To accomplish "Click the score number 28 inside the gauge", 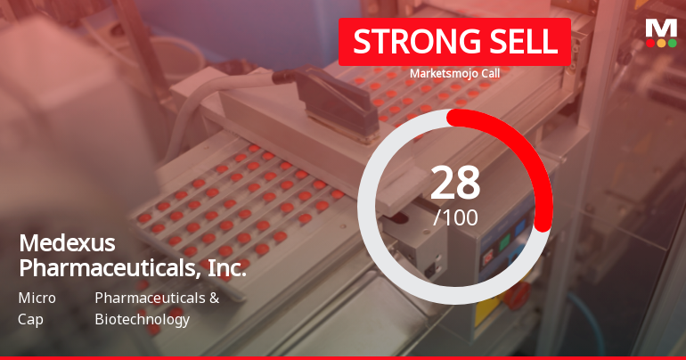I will click(x=455, y=183).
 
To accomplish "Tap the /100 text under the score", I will click(x=455, y=217).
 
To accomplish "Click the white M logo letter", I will click(x=660, y=28).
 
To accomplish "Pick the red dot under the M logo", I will click(x=649, y=43).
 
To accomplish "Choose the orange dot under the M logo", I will click(x=661, y=43).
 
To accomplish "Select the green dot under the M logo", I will click(x=672, y=43).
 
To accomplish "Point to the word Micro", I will click(x=37, y=298).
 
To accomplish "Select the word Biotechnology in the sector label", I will click(x=142, y=319).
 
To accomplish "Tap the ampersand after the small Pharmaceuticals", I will click(x=213, y=298).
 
